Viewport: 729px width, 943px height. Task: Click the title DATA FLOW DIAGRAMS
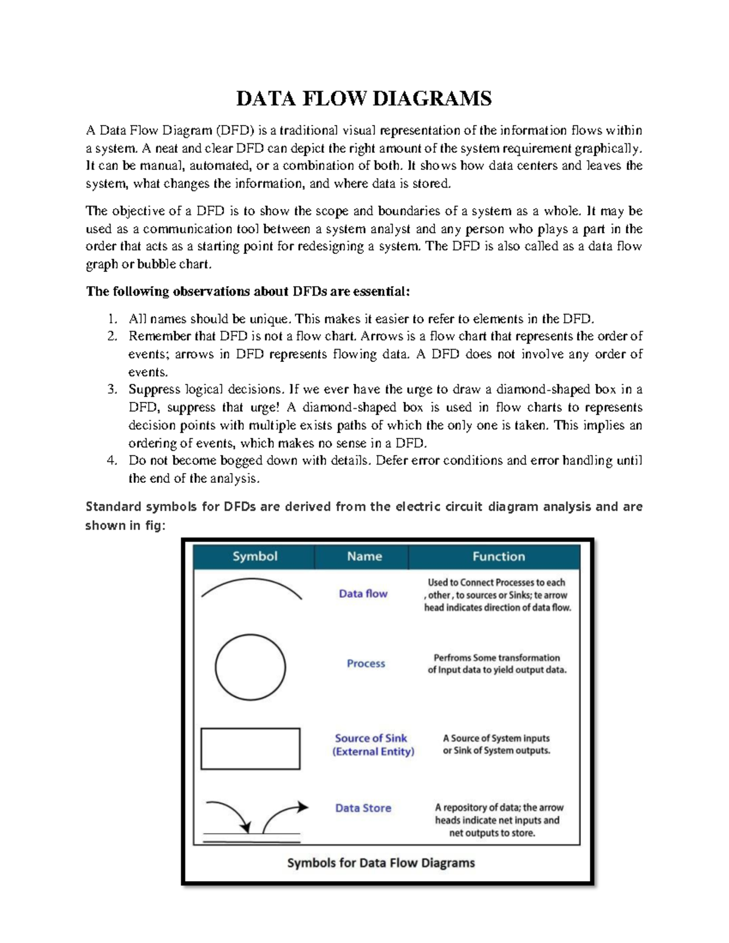364,98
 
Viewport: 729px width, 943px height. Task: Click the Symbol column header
255,556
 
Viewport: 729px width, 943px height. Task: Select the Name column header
364,556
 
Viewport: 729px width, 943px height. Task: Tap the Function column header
498,556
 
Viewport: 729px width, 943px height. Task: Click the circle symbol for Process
250,667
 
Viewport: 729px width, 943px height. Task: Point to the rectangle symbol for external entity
250,749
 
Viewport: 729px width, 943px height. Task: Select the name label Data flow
363,594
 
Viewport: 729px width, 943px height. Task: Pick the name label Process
366,664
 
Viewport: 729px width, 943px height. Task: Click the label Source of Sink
371,738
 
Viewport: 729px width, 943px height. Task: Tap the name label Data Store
363,808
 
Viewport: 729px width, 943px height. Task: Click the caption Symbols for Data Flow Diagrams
381,863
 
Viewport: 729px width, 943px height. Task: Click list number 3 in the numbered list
112,390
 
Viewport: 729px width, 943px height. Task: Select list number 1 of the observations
112,319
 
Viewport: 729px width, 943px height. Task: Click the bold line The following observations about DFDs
248,291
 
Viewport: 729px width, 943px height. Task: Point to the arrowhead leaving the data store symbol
303,807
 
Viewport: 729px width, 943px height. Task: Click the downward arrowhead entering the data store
245,827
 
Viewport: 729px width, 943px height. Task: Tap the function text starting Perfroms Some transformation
497,664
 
